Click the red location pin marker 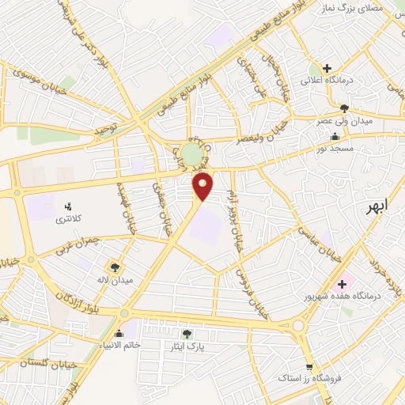tap(204, 186)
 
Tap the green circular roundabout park tap(191, 153)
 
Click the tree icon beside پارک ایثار tap(187, 333)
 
